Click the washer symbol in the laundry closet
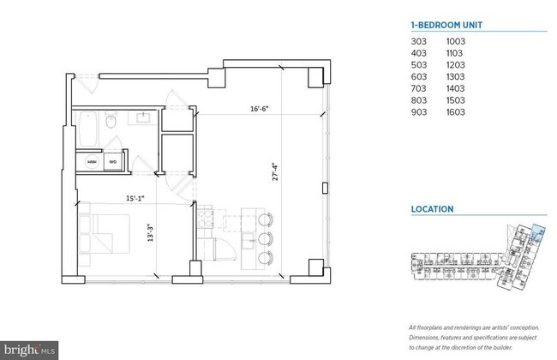click(90, 160)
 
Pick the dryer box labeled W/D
click(111, 160)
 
